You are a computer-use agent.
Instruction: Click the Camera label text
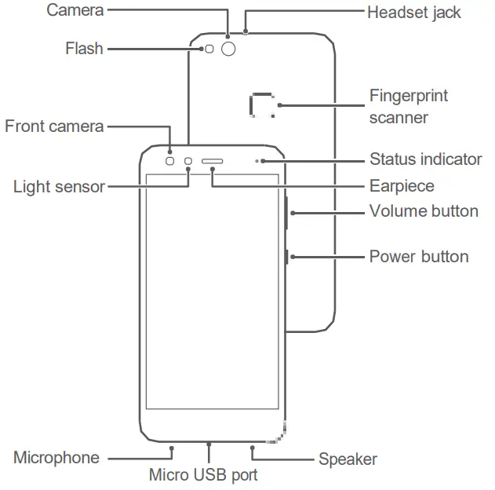[x=75, y=10]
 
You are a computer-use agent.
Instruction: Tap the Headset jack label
[x=414, y=12]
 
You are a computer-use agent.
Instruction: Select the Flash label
[x=84, y=49]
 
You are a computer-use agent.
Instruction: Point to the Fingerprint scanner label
[x=409, y=107]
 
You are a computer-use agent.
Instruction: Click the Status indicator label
[x=425, y=159]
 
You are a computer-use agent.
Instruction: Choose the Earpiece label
[x=402, y=186]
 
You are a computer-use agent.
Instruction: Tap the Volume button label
[x=424, y=211]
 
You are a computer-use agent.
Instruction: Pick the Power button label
[x=419, y=257]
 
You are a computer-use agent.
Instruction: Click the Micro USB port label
[x=203, y=475]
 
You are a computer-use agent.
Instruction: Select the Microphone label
[x=56, y=458]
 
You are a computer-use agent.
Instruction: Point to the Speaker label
[x=348, y=459]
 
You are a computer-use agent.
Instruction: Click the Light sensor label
[x=59, y=187]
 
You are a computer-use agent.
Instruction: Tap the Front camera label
[x=54, y=126]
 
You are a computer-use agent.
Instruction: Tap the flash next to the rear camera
[x=209, y=49]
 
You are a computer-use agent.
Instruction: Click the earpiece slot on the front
[x=213, y=162]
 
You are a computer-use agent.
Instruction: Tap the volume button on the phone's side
[x=288, y=211]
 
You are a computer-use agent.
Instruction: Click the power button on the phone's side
[x=288, y=256]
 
